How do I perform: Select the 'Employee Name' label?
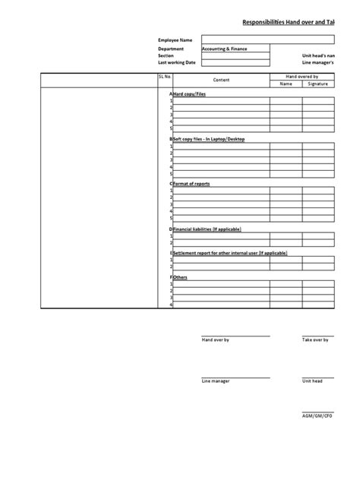175,39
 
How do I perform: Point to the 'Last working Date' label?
176,62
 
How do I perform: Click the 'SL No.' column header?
166,77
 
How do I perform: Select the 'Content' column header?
221,81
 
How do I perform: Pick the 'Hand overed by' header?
302,77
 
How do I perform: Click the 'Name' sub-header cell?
286,84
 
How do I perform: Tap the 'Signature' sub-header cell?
317,84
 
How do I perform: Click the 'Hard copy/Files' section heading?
189,93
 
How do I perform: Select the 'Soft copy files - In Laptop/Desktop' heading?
209,140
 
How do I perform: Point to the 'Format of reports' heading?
192,184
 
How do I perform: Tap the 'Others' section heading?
180,277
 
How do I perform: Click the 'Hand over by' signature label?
215,340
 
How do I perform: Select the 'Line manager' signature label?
215,381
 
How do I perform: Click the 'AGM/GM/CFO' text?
317,416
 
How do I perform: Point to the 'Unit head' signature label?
312,381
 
